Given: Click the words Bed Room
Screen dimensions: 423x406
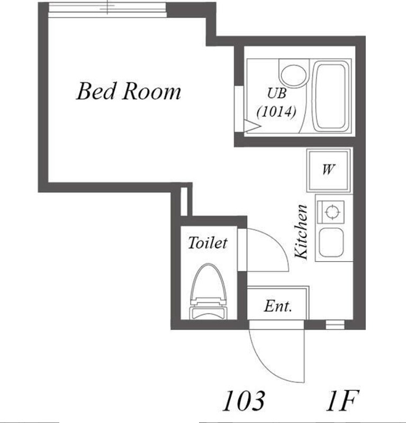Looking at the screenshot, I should click(129, 91).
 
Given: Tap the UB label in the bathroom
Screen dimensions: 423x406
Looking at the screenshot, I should click(276, 94).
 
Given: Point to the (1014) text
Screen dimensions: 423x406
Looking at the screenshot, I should click(275, 112).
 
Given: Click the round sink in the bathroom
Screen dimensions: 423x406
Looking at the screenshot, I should click(292, 74).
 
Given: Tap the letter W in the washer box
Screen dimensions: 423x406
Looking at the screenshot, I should click(328, 170).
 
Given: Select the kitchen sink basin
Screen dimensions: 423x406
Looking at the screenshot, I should click(331, 243).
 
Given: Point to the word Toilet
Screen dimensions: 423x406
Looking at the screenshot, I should click(207, 243).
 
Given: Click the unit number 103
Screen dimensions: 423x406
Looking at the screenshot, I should click(243, 400).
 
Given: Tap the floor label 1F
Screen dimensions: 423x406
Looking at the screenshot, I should click(342, 400).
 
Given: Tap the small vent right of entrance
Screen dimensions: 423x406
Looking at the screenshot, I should click(335, 324).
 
